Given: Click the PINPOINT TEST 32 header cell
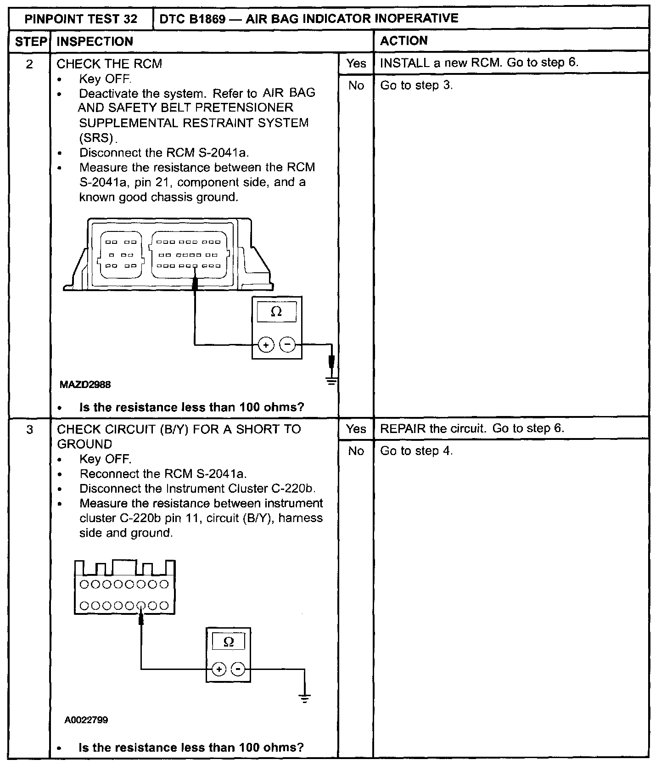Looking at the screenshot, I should point(81,19).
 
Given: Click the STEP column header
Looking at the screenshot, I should point(29,42).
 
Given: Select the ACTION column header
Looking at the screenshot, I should point(404,41).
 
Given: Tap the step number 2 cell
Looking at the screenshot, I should point(29,64).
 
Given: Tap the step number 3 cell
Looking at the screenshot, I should point(29,430).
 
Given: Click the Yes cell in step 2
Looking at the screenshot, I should point(356,63).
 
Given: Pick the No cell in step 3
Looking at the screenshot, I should point(356,451).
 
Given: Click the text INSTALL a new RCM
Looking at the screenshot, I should point(441,62).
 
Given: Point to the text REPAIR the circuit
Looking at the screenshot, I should point(433,428).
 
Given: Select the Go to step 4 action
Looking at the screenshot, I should point(416,451).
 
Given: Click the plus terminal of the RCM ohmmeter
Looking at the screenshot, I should point(266,344).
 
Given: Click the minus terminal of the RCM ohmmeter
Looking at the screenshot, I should point(288,344).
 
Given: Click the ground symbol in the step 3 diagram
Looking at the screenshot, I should point(304,698).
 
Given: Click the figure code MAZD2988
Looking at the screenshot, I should point(85,385).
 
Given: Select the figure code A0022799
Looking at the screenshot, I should point(86,720).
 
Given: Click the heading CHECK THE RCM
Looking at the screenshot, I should point(109,64).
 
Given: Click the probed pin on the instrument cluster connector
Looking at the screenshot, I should point(141,606).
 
